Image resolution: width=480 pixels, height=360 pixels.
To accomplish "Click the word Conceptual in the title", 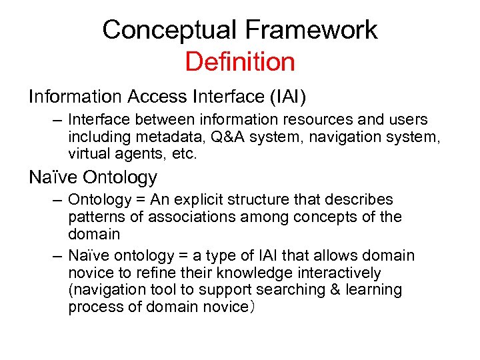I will [169, 30].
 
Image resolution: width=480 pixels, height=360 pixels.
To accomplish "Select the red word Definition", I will [240, 62].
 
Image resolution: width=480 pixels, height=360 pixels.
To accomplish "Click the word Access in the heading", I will [157, 97].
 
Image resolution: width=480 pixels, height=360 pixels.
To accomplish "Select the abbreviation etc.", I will [187, 155].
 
